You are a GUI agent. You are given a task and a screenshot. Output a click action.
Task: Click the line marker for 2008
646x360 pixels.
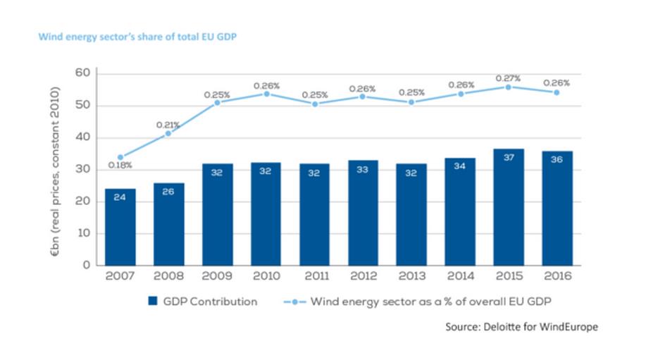coord(168,133)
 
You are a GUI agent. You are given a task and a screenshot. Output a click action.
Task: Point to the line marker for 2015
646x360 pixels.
coord(509,87)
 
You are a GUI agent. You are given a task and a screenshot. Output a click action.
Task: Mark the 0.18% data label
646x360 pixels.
coord(119,166)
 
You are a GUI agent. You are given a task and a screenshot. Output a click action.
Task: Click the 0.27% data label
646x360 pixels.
coord(508,77)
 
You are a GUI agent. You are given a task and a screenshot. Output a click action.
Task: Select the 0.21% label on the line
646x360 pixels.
coord(167,125)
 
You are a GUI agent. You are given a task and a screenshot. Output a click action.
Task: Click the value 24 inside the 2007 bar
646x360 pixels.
coord(120,197)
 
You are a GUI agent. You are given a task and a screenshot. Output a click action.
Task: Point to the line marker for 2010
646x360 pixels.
coord(266,94)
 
